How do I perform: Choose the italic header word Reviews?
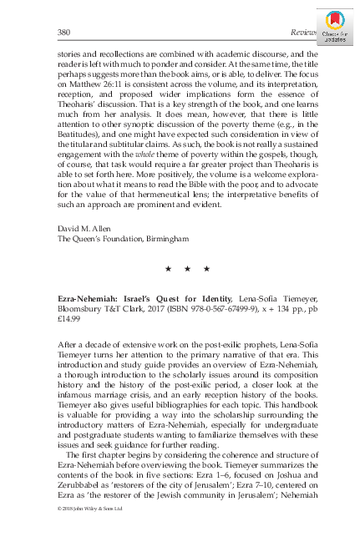point(300,30)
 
